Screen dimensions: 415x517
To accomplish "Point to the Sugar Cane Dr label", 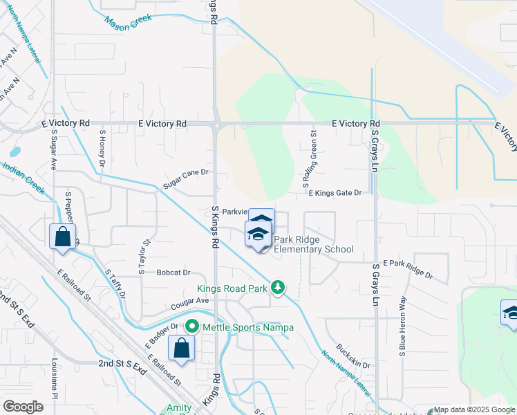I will pos(186,178).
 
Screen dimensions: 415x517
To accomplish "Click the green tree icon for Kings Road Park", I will pos(278,286).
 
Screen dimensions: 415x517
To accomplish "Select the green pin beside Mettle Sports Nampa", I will pos(191,326).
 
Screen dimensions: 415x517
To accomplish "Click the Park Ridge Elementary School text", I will pos(314,245).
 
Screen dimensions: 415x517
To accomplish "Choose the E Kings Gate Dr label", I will pos(335,193).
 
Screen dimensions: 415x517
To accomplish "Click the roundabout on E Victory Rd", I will pos(216,124).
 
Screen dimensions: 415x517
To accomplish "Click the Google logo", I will pos(23,406).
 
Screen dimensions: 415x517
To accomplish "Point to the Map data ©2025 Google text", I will pos(475,409).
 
